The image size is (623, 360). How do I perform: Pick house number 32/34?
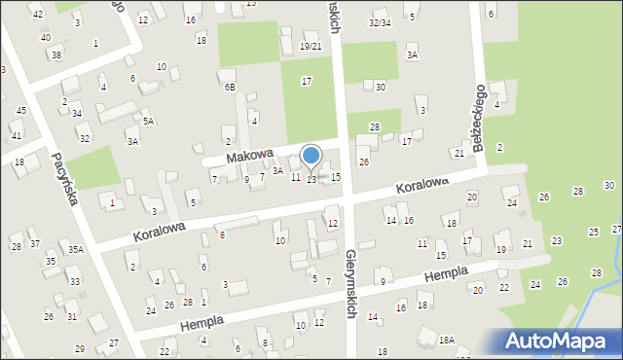coord(380,22)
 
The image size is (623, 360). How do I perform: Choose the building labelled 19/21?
coord(311,47)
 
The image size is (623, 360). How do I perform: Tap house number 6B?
coord(230,87)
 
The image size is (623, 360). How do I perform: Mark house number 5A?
coord(148,122)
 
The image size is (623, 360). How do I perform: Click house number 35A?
coord(75,250)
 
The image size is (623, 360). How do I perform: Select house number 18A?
coord(446,340)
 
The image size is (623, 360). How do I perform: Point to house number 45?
coord(21,111)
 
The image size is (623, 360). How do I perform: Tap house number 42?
coord(37,14)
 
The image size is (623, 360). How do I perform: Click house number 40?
coord(46,37)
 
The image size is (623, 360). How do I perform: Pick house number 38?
coord(56,54)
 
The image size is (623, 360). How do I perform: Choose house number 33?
coord(74,282)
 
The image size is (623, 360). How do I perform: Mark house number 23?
coord(557,240)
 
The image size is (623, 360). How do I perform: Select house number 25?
coord(594,233)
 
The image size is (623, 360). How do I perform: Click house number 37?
coord(34,243)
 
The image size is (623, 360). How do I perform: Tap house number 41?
coord(16,135)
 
